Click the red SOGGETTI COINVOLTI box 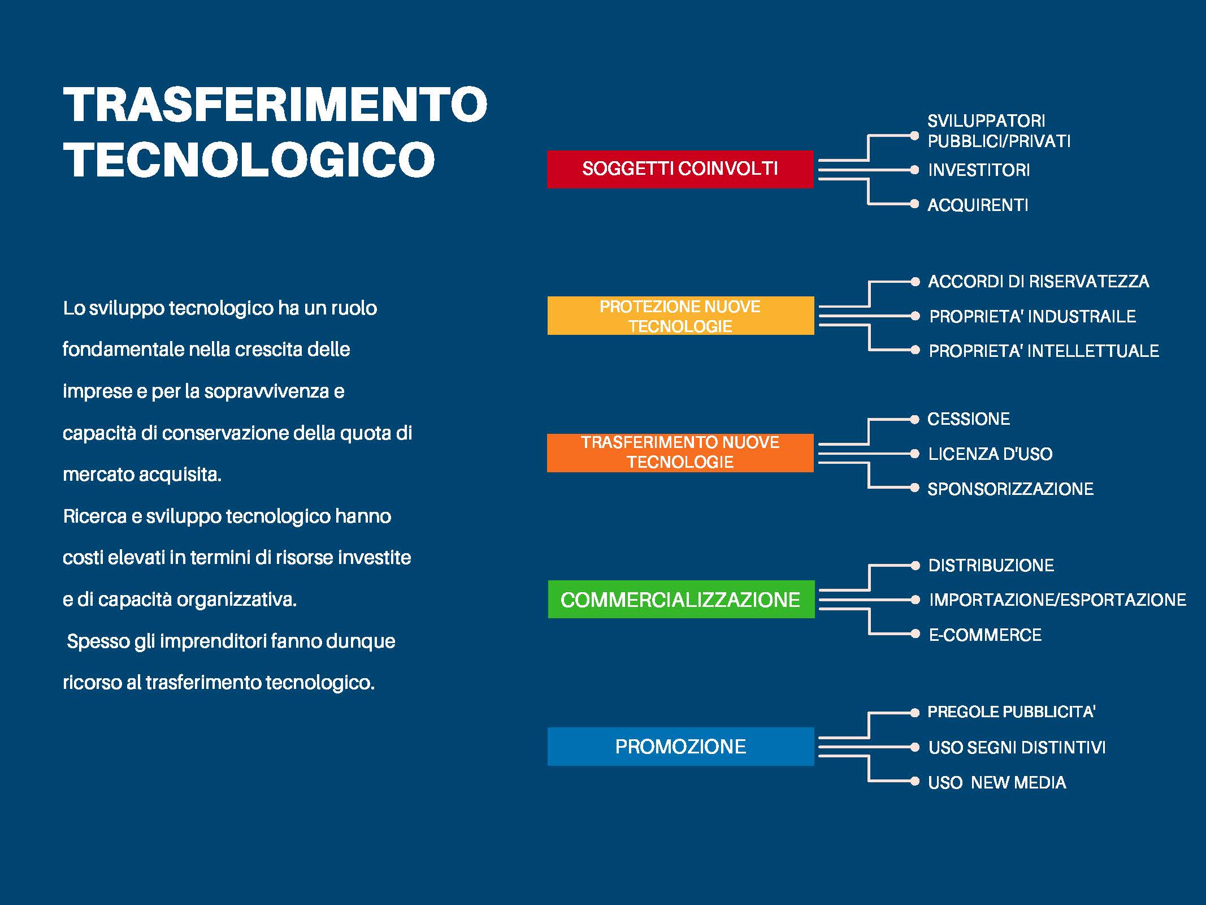pyautogui.click(x=680, y=169)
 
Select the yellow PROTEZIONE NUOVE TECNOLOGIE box pyautogui.click(x=681, y=316)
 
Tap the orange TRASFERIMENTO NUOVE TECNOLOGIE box pyautogui.click(x=680, y=453)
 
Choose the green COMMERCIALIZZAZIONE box pyautogui.click(x=682, y=600)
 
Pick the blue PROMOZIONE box pyautogui.click(x=681, y=747)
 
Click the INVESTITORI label pyautogui.click(x=979, y=170)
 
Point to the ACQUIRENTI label pyautogui.click(x=978, y=205)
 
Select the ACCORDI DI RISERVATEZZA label pyautogui.click(x=1039, y=282)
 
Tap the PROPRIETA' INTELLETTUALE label pyautogui.click(x=1044, y=351)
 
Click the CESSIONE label pyautogui.click(x=969, y=419)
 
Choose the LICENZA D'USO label pyautogui.click(x=990, y=454)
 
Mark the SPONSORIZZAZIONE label pyautogui.click(x=1010, y=489)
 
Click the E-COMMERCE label pyautogui.click(x=985, y=635)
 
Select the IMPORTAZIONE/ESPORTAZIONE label pyautogui.click(x=1057, y=600)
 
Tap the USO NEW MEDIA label pyautogui.click(x=997, y=782)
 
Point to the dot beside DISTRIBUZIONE pyautogui.click(x=915, y=565)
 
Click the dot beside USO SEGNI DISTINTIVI pyautogui.click(x=915, y=747)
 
